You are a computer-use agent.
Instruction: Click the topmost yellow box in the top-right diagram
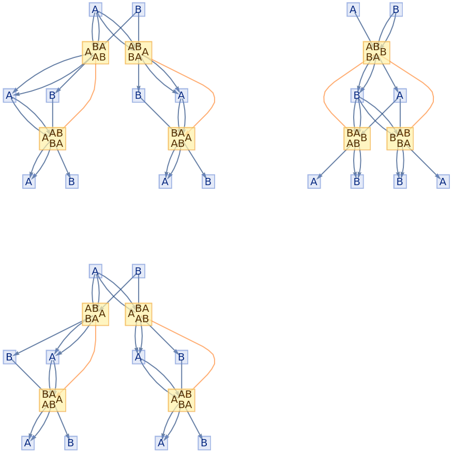pos(376,52)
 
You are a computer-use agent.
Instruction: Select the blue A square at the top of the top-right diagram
pos(353,9)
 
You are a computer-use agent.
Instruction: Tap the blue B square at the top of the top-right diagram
pos(396,9)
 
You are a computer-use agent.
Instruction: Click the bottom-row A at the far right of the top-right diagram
pos(443,182)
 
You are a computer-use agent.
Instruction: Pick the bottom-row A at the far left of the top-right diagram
pos(314,182)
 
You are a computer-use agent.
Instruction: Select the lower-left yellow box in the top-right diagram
pos(357,139)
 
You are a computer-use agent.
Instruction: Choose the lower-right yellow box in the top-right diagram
pos(400,139)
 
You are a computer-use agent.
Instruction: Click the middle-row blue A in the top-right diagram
pos(400,95)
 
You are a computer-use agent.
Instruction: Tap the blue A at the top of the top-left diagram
pos(95,9)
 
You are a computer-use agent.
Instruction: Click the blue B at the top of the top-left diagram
pos(138,9)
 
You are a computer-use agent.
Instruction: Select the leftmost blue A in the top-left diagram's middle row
pos(9,95)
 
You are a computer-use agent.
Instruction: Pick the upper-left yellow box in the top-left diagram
pos(95,52)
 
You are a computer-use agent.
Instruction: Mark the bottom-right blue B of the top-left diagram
pos(208,182)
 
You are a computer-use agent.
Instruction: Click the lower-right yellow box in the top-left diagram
pos(182,139)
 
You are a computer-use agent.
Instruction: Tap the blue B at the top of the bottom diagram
pos(138,271)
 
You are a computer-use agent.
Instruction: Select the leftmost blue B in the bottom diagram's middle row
pos(9,357)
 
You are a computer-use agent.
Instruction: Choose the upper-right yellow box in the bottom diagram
pos(138,314)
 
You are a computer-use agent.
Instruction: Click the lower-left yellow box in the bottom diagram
pos(52,400)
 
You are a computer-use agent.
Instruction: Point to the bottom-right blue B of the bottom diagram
pos(204,443)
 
